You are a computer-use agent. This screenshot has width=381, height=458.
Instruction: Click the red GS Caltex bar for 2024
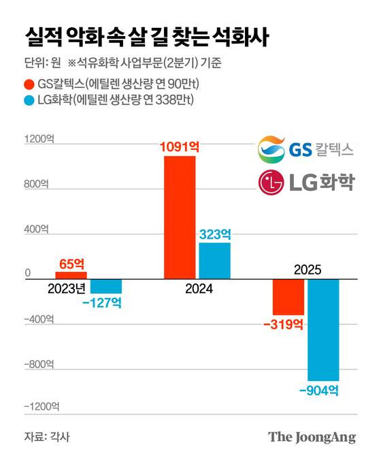click(x=180, y=217)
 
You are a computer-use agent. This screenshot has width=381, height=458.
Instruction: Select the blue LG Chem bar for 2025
click(x=323, y=329)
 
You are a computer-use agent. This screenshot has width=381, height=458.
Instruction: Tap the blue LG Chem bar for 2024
click(x=214, y=260)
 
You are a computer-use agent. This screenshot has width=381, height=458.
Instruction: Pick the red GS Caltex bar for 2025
click(x=288, y=296)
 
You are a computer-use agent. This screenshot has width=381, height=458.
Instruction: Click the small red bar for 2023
click(x=71, y=275)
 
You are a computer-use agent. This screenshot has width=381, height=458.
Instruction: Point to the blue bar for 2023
click(x=106, y=286)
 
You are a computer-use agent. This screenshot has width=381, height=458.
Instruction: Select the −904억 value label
click(x=318, y=391)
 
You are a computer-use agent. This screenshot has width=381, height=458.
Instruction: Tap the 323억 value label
click(x=215, y=234)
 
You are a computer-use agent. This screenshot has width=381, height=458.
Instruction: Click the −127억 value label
click(x=103, y=302)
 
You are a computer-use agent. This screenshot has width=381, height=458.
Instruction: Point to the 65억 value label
click(x=71, y=263)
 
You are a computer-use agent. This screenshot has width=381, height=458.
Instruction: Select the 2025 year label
click(x=308, y=269)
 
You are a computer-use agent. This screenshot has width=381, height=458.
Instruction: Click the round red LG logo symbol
click(x=271, y=183)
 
